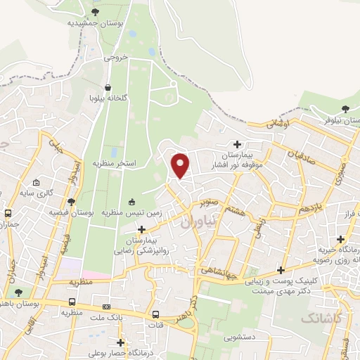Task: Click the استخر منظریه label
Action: click(x=114, y=163)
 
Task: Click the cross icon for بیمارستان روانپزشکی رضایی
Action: click(x=143, y=229)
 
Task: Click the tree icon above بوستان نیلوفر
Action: click(x=345, y=108)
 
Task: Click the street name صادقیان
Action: click(x=302, y=151)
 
